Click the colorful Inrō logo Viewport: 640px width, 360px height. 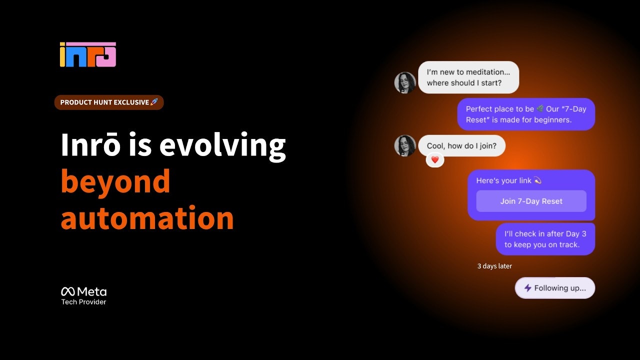pos(87,54)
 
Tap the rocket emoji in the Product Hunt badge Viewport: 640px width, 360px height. pos(154,102)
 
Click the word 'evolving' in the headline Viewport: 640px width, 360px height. pos(222,145)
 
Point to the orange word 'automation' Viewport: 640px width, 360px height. pos(147,217)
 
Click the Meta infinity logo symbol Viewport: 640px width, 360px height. pos(68,291)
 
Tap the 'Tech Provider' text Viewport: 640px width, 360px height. pos(83,302)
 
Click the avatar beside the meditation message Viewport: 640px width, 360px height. pos(405,82)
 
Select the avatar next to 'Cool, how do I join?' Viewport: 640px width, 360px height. pos(405,145)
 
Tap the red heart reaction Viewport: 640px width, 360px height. pos(435,159)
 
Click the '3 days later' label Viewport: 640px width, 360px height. pos(494,266)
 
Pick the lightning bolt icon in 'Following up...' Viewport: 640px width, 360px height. pos(527,287)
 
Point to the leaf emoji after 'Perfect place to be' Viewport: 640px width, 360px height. pos(540,108)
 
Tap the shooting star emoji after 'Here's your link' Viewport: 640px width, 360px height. pos(537,180)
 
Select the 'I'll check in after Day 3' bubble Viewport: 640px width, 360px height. pos(545,239)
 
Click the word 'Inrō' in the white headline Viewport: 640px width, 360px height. pos(90,144)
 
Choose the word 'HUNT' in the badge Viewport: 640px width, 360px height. pos(100,102)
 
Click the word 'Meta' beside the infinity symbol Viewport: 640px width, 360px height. pos(92,291)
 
